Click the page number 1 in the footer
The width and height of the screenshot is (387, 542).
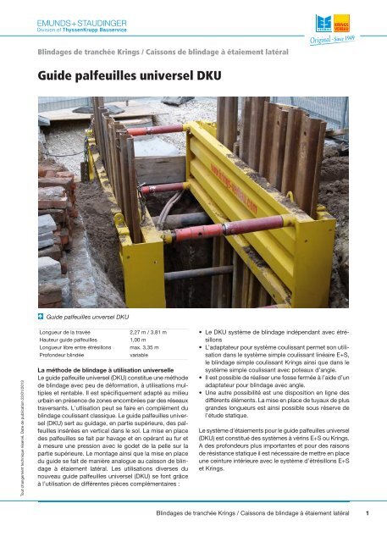[x=367, y=512]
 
